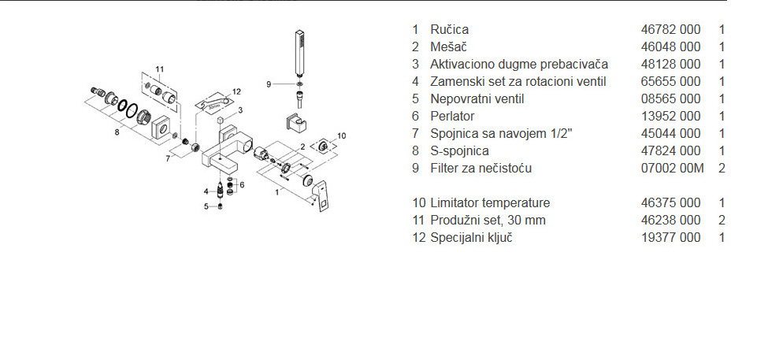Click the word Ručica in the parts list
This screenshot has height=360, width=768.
(449, 29)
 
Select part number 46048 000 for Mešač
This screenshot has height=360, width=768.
(670, 46)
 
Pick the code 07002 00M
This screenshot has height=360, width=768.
(671, 168)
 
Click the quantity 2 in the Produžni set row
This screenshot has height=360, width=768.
(722, 220)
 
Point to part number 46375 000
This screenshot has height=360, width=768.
(670, 202)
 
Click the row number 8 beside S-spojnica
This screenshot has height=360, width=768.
(415, 150)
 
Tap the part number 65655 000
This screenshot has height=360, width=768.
(670, 81)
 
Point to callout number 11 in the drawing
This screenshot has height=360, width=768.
(160, 69)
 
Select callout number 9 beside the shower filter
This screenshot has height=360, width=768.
(269, 84)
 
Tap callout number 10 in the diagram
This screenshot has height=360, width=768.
(341, 136)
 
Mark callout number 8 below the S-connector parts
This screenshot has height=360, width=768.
(117, 132)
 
